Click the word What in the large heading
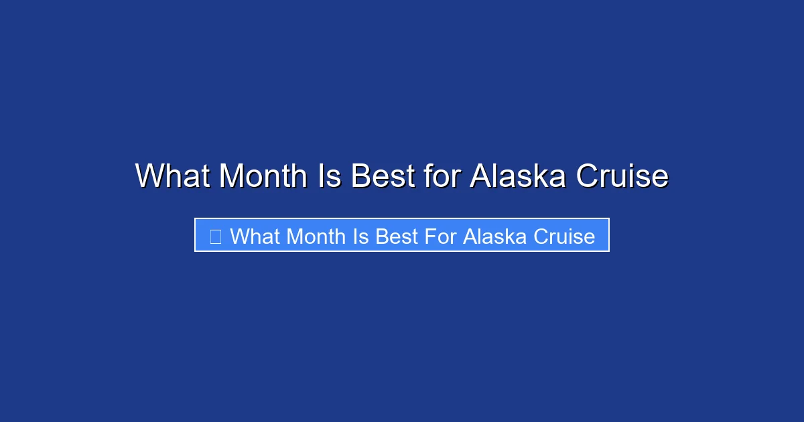point(172,176)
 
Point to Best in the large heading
point(382,176)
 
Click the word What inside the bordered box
point(255,236)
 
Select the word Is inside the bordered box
point(360,236)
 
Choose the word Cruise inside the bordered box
point(563,236)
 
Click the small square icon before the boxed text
point(216,236)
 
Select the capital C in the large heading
point(588,176)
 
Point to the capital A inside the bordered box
point(470,236)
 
